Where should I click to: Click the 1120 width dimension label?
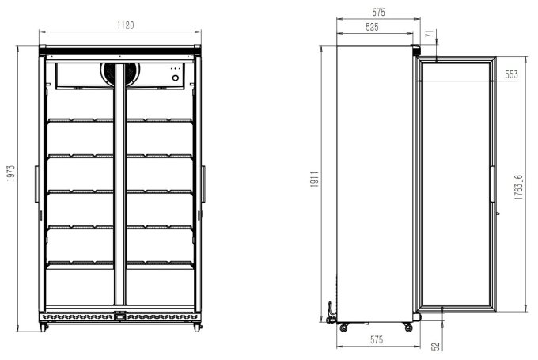[119, 26]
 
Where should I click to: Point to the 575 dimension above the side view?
[377, 12]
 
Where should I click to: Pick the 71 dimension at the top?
[429, 34]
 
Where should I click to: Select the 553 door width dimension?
[511, 74]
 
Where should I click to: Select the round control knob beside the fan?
[176, 77]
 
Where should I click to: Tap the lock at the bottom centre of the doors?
[119, 318]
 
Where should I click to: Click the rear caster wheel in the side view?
[344, 324]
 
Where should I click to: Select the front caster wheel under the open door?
[407, 324]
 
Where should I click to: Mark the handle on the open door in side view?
[494, 190]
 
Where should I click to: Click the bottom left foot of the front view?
[44, 327]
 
